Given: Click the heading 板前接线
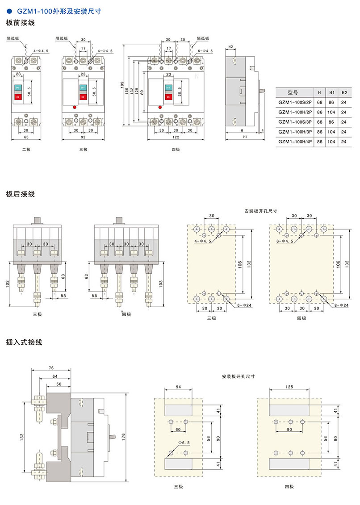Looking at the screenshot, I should [20, 23].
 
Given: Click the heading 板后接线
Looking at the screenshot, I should [20, 194].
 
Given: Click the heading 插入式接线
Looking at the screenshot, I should [24, 342].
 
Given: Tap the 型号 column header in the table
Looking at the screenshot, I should [293, 92].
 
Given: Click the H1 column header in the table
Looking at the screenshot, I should [331, 92].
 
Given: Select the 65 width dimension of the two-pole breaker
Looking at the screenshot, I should [26, 138].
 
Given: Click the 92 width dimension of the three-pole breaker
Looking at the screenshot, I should [84, 138].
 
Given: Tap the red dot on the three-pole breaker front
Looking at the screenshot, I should [75, 107].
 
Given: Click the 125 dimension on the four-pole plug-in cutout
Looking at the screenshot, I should [289, 386].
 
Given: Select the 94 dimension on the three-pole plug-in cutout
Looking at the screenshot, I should [178, 386].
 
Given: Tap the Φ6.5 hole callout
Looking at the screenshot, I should [175, 443].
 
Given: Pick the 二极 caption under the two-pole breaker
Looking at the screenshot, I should [26, 150].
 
